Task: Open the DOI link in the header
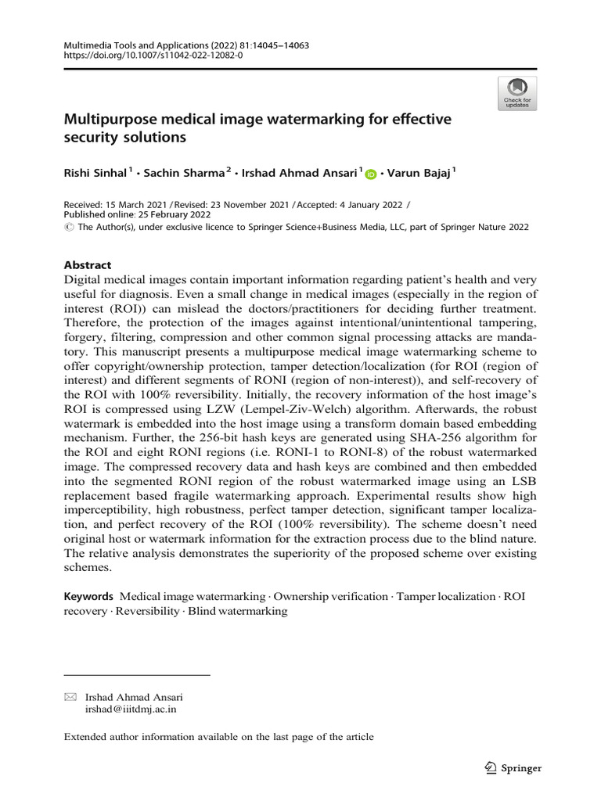[x=153, y=57]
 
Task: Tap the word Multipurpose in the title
[x=105, y=120]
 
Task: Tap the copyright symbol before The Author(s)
[x=68, y=227]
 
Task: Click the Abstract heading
[x=88, y=265]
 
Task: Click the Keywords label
[x=89, y=597]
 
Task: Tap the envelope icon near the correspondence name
[x=70, y=697]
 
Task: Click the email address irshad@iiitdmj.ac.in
[x=131, y=709]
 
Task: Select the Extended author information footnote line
[x=218, y=737]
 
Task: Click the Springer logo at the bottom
[x=513, y=768]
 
